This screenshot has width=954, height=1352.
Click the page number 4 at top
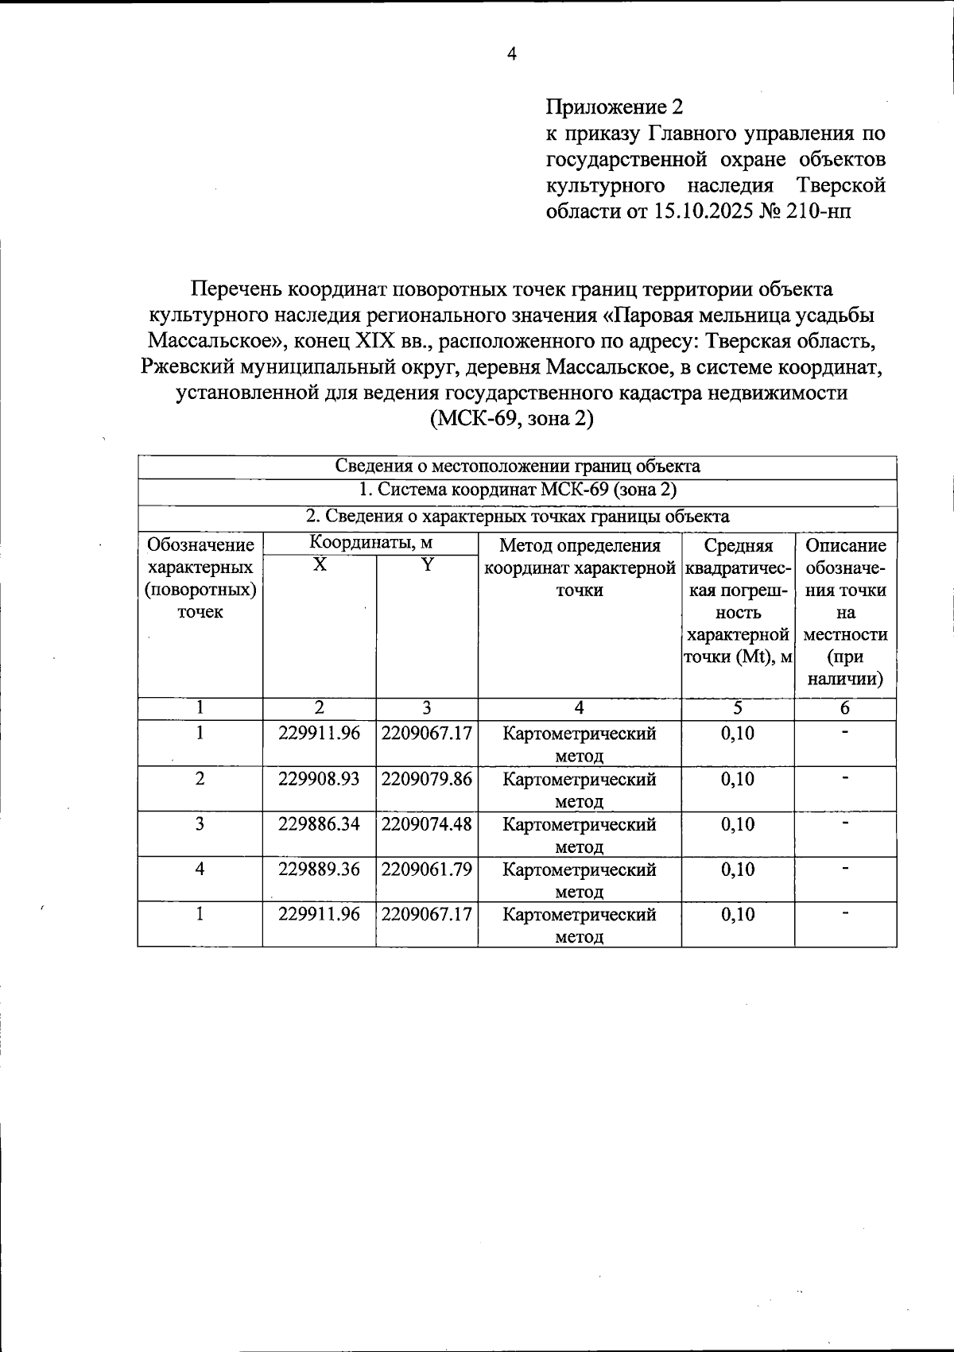point(511,54)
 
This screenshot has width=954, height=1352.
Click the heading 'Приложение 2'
point(614,107)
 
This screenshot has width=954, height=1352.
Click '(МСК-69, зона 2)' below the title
point(511,418)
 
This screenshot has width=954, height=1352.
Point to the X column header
point(319,565)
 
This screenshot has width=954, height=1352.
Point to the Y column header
point(427,565)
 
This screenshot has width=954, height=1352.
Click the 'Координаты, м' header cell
point(370,544)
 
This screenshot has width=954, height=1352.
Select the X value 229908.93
point(319,779)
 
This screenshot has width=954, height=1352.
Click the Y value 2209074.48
point(427,824)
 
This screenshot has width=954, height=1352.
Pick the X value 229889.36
point(319,870)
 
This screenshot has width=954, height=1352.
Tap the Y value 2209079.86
point(427,779)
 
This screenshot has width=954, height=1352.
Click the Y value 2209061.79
point(427,870)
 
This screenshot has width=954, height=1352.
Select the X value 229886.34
point(319,824)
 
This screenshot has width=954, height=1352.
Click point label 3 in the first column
point(200,824)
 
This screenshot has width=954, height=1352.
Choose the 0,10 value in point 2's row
point(737,779)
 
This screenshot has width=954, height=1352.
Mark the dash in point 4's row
point(845,870)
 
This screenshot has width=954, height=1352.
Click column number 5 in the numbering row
point(737,708)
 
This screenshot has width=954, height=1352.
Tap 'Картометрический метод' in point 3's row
point(579,835)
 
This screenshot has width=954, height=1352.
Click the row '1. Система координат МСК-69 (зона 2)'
point(517,490)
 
